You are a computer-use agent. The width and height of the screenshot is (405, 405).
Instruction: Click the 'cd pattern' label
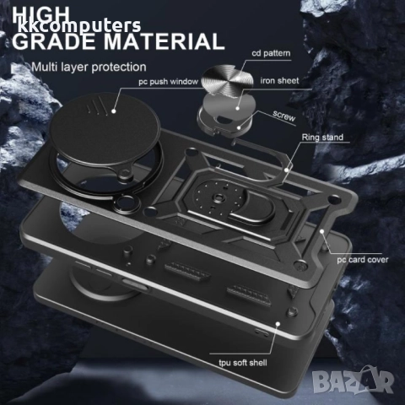pyautogui.click(x=271, y=53)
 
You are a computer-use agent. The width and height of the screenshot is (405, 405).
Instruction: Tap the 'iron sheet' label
pyautogui.click(x=279, y=81)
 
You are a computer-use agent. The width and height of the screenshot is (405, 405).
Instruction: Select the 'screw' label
pyautogui.click(x=284, y=116)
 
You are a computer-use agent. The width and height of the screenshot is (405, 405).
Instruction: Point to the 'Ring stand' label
pyautogui.click(x=322, y=138)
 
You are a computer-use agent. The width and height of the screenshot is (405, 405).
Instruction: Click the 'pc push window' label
pyautogui.click(x=169, y=82)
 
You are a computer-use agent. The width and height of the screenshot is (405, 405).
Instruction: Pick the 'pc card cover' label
pyautogui.click(x=363, y=260)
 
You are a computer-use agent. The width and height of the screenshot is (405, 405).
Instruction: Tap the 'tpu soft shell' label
pyautogui.click(x=243, y=363)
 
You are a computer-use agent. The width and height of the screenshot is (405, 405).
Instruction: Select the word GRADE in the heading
pyautogui.click(x=54, y=41)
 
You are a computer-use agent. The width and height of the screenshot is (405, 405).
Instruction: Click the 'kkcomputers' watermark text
pyautogui.click(x=79, y=26)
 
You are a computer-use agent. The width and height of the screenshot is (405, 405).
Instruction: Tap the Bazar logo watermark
pyautogui.click(x=353, y=380)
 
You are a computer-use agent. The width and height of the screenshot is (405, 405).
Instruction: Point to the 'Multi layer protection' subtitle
pyautogui.click(x=89, y=67)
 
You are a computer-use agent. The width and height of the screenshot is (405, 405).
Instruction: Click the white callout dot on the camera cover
pyautogui.click(x=114, y=111)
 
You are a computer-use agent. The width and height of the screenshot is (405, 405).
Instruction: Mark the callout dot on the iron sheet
pyautogui.click(x=238, y=108)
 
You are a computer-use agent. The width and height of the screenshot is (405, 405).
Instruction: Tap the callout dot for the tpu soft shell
pyautogui.click(x=278, y=324)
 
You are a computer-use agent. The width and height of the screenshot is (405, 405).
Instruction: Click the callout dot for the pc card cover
pyautogui.click(x=322, y=231)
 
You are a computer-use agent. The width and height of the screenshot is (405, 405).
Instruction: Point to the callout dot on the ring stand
pyautogui.click(x=286, y=170)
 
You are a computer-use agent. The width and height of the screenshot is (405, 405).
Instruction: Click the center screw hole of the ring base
pyautogui.click(x=219, y=198)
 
